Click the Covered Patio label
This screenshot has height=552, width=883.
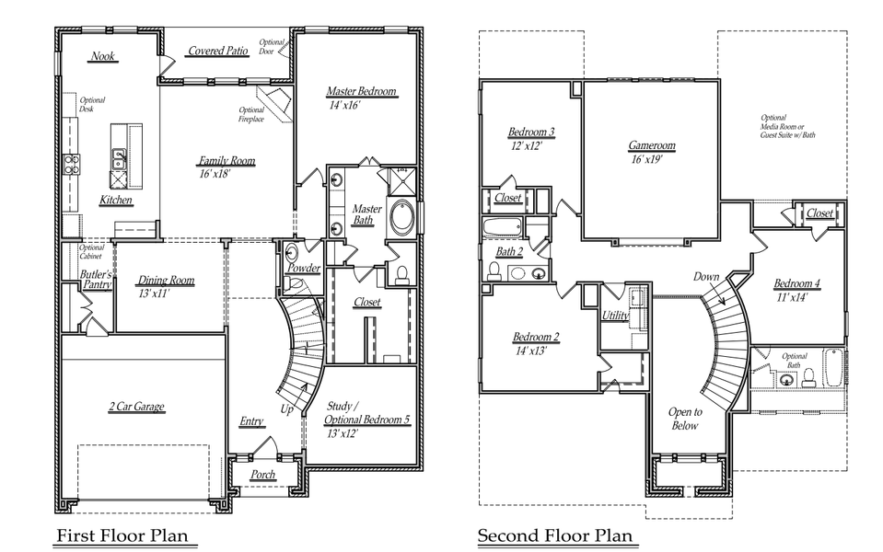pos(218,52)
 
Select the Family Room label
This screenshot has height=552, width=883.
pos(227,161)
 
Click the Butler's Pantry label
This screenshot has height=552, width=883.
pos(96,281)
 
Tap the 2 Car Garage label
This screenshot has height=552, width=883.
pos(136,407)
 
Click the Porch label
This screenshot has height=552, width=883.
pos(263,475)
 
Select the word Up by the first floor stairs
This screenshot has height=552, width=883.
pos(288,408)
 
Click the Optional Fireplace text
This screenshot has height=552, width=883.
pos(251,115)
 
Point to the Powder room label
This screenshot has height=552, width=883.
pos(303,269)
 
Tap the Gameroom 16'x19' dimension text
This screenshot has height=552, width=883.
pos(652,159)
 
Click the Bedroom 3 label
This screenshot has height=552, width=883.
pos(531,132)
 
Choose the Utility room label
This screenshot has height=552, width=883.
pos(615,316)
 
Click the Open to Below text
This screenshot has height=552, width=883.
pos(684,419)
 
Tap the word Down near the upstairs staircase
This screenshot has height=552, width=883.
pos(707,277)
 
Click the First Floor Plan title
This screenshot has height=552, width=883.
pos(127,535)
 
